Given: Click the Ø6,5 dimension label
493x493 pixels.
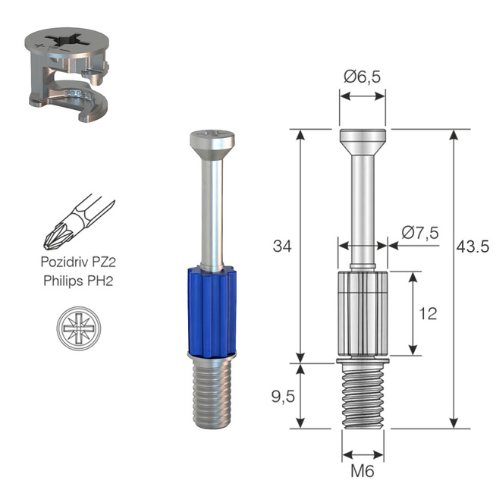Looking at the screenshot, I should coord(362,76).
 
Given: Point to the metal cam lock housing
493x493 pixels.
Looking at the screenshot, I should coord(68,68).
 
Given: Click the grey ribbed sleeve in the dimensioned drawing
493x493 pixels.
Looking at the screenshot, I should coord(363,312).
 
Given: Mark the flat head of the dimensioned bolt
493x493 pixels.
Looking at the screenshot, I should coord(363,140).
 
